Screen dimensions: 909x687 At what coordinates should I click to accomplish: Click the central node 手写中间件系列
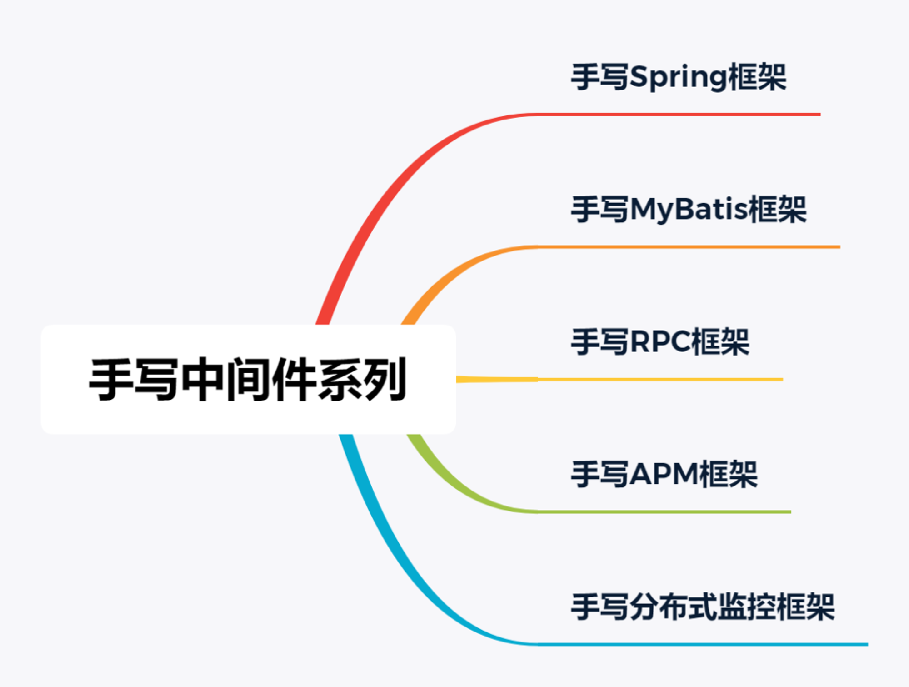point(248,379)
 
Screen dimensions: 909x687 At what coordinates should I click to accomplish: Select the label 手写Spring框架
point(679,77)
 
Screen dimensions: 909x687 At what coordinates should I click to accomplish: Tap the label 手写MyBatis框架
point(689,210)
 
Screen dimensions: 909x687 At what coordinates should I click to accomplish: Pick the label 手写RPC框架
point(660,342)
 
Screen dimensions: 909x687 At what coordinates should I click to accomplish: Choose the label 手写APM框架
point(664,474)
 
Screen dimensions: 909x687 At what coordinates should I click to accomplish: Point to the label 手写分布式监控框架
point(703,607)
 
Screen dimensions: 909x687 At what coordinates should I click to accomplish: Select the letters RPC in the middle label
point(660,342)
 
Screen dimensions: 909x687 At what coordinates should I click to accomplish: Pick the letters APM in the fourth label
point(664,474)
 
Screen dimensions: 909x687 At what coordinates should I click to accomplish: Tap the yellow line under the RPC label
point(619,379)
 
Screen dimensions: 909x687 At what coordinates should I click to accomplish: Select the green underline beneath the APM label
point(664,512)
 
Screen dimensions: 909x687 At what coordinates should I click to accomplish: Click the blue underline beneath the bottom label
point(703,644)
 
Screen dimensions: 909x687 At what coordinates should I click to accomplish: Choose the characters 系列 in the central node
point(362,379)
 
